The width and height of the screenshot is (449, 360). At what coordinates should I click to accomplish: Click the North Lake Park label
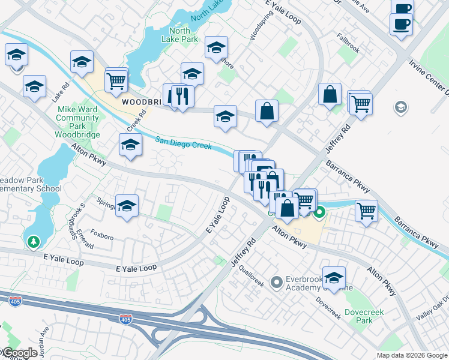pyautogui.click(x=184, y=35)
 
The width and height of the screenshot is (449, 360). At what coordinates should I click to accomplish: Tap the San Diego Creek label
pyautogui.click(x=184, y=143)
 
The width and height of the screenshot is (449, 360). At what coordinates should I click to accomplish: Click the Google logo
pyautogui.click(x=20, y=353)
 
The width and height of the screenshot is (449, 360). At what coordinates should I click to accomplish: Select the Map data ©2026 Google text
pyautogui.click(x=411, y=355)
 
